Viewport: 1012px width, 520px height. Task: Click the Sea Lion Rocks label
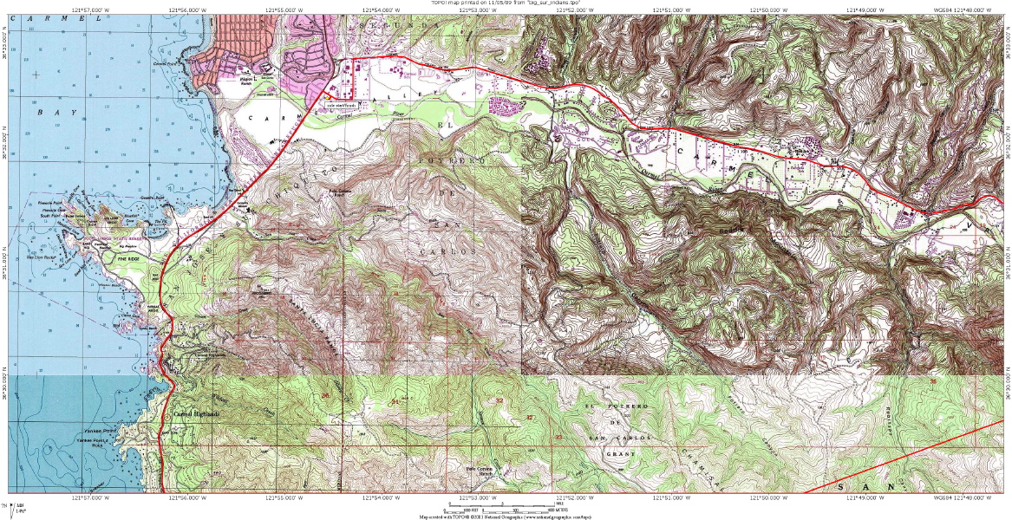[44, 257]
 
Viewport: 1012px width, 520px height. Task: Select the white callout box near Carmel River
[341, 104]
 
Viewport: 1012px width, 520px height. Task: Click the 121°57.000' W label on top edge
[94, 10]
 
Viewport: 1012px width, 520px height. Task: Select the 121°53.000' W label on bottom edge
[473, 497]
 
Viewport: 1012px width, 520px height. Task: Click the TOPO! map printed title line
[506, 3]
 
